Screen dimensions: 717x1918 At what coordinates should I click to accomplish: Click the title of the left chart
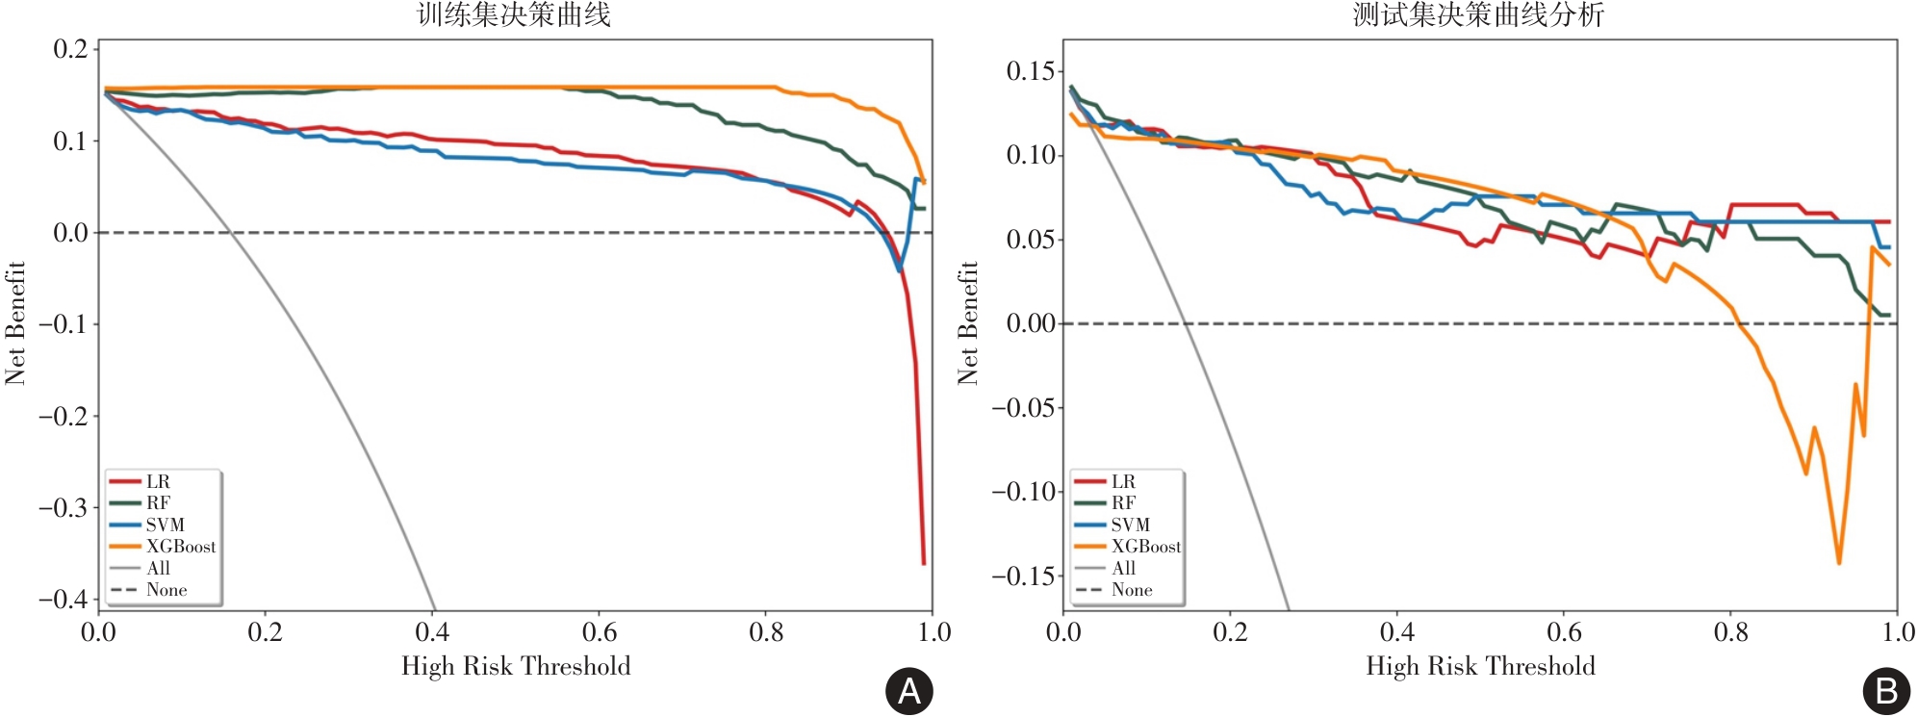click(514, 14)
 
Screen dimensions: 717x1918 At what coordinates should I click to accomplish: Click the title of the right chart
click(1478, 14)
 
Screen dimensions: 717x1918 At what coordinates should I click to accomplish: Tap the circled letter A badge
click(908, 691)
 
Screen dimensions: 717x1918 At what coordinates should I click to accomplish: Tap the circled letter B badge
click(1886, 691)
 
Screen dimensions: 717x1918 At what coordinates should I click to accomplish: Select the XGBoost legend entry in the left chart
click(180, 547)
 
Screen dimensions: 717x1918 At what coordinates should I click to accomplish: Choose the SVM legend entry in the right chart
click(1130, 525)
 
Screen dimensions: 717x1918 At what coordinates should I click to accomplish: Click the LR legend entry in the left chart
click(158, 481)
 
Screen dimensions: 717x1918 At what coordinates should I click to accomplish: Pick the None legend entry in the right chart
click(1132, 590)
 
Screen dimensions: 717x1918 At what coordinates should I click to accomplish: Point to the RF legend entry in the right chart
click(1123, 502)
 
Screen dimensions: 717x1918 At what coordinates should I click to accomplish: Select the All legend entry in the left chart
click(158, 569)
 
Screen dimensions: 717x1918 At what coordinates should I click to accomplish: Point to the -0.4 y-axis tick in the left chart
click(64, 599)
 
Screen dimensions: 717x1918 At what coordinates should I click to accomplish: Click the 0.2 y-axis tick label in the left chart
click(70, 49)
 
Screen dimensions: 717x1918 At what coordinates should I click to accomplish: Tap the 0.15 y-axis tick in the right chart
click(1030, 71)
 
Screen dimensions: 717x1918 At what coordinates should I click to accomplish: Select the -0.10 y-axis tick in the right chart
click(1023, 492)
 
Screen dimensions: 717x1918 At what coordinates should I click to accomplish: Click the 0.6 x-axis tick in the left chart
click(600, 632)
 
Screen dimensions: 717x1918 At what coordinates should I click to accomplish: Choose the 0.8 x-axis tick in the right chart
click(1730, 632)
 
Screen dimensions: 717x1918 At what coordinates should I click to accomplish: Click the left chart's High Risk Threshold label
click(516, 666)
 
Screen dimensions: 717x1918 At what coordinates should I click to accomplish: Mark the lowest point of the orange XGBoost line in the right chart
click(1839, 563)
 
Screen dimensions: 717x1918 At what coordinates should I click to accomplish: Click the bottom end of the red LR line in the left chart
click(924, 564)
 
